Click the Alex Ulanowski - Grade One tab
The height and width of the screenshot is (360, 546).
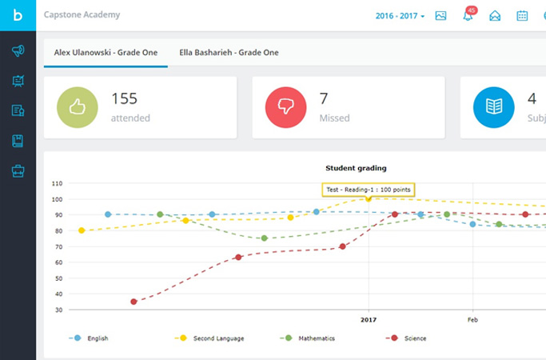tap(106, 52)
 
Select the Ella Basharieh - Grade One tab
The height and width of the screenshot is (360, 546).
tap(229, 52)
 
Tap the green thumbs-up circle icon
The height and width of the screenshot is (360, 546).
tap(78, 107)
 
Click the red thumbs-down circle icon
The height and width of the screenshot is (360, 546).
tap(286, 107)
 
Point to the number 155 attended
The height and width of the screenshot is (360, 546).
tap(125, 99)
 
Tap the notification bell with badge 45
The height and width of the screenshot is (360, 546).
tap(468, 15)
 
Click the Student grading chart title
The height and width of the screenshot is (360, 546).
tap(356, 168)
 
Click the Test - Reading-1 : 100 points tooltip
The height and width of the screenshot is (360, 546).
tap(368, 189)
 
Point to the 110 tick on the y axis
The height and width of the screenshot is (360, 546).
tap(57, 183)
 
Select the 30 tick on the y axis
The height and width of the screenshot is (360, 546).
tap(58, 310)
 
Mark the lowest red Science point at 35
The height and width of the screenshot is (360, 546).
tap(134, 302)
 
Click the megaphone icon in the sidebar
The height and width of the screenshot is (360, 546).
tap(18, 50)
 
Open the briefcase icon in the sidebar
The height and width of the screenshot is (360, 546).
tap(18, 170)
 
